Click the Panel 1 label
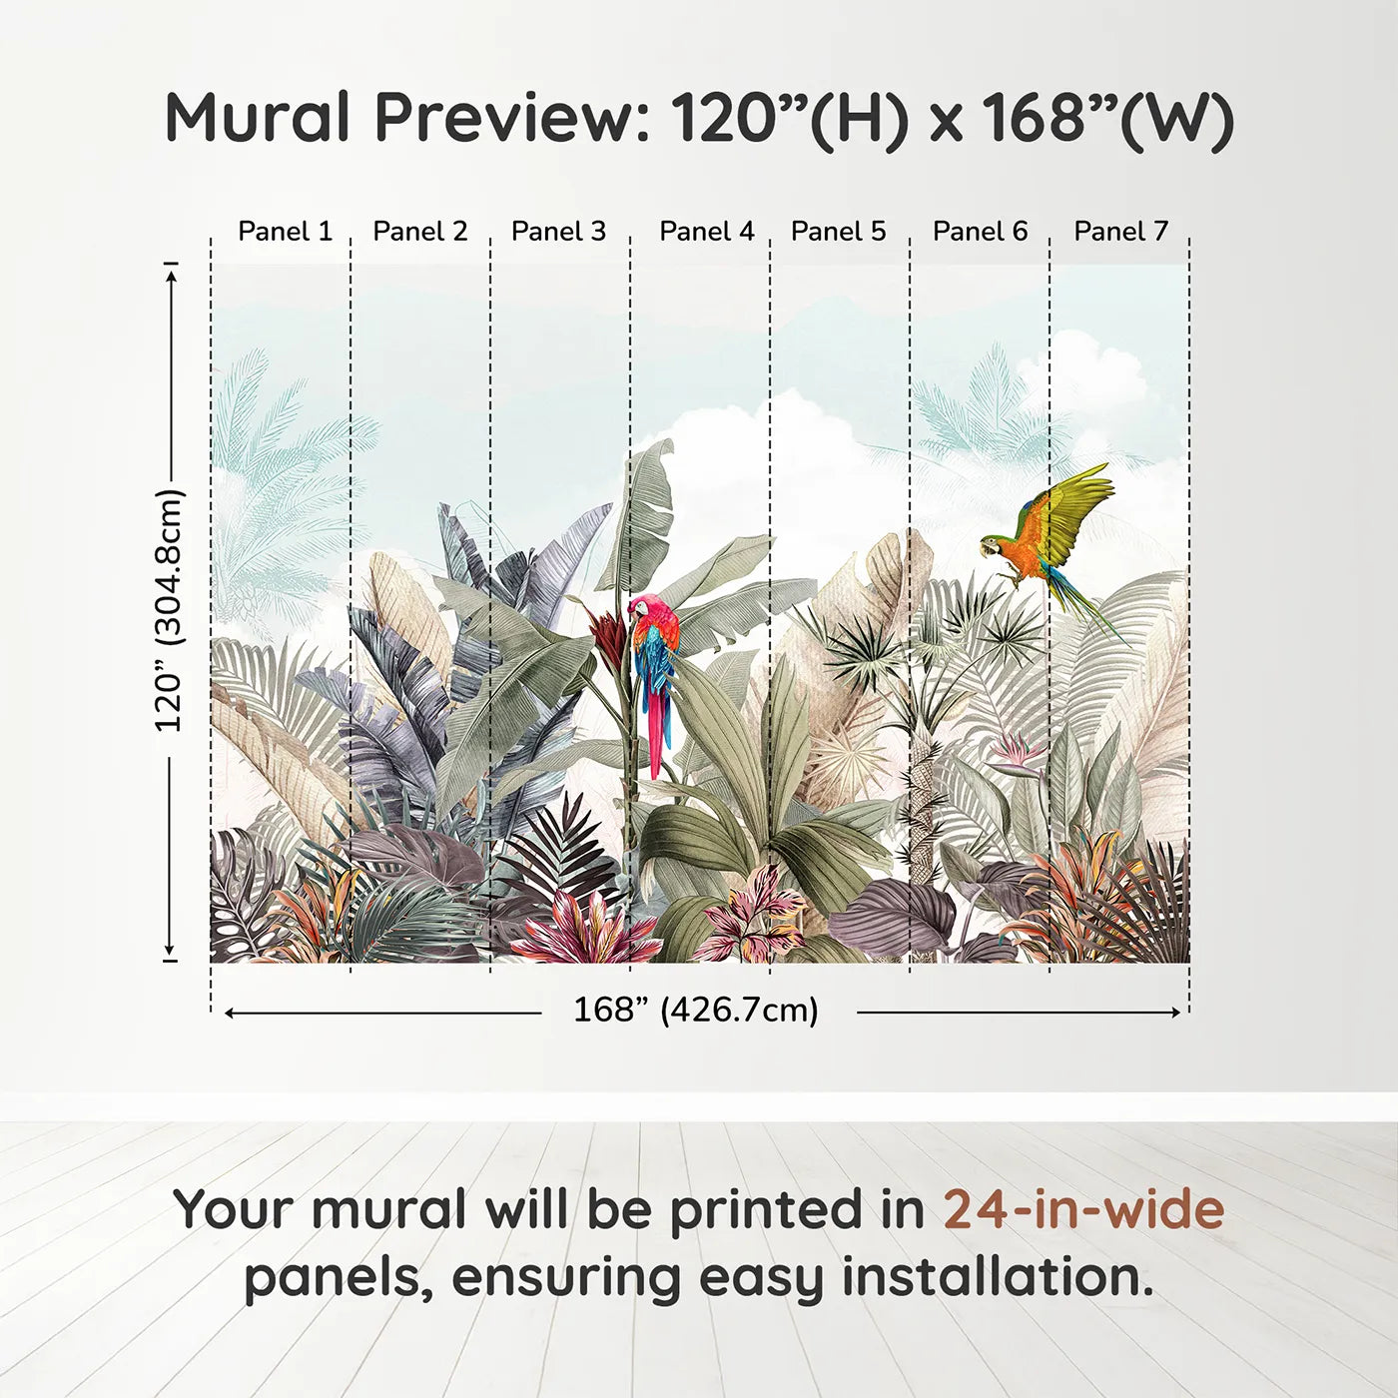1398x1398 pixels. click(x=285, y=231)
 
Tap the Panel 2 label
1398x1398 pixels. click(x=419, y=231)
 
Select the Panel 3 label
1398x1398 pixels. click(x=558, y=231)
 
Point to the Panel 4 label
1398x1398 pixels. click(x=706, y=231)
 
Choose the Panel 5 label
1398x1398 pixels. click(x=838, y=231)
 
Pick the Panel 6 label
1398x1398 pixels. click(x=980, y=231)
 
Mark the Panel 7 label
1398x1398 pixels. click(x=1120, y=231)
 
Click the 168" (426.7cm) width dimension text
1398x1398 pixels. click(x=695, y=1011)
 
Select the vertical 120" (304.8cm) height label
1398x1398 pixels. click(x=169, y=611)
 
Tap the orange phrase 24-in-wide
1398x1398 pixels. click(x=1083, y=1209)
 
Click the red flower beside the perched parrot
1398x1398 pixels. click(x=608, y=631)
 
